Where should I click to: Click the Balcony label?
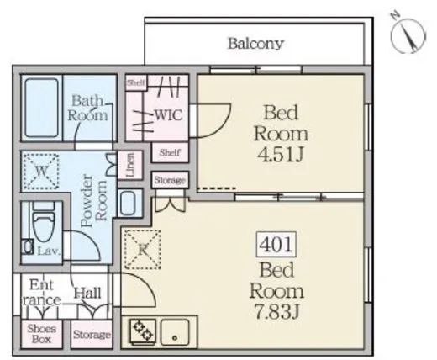pos(255,44)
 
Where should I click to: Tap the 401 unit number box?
pos(276,244)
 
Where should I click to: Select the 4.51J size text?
pos(281,155)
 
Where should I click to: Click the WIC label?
pos(169,115)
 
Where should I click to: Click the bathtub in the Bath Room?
pos(42,108)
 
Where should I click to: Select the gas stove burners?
pos(143,331)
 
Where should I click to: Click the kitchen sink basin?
pos(175,332)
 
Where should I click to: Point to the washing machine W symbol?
pos(41,171)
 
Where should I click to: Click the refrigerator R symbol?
pos(143,249)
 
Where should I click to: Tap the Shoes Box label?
pos(41,334)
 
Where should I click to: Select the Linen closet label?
pos(129,165)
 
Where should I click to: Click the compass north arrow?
pos(408,35)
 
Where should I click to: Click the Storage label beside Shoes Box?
pos(92,335)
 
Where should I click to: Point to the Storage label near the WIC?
pos(170,180)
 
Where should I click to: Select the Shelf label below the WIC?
pos(170,152)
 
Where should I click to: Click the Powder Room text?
pos(93,201)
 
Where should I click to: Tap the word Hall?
pos(87,294)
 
